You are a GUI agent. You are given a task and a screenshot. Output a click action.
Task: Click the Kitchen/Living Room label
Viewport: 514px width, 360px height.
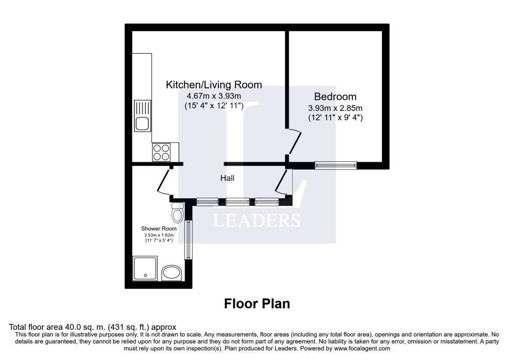[x=214, y=84]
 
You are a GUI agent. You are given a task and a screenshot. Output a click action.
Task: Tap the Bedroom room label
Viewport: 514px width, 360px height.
[x=335, y=96]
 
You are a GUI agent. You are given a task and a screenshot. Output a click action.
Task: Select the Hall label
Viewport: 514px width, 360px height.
[x=227, y=178]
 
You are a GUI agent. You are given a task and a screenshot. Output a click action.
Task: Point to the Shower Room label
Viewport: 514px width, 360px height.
[x=159, y=229]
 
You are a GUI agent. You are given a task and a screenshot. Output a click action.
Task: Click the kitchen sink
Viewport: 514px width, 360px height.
[x=142, y=116]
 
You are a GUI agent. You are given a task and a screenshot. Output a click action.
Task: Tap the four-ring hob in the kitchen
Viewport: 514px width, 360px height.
[x=161, y=152]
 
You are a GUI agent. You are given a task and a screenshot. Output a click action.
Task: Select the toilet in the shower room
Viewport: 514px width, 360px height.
[x=177, y=214]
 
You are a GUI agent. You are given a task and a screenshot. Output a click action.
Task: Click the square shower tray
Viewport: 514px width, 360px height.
[x=146, y=268]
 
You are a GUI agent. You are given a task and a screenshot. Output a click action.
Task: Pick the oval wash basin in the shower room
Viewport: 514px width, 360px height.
[x=172, y=273]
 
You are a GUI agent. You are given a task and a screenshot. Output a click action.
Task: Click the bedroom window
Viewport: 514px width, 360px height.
[x=335, y=164]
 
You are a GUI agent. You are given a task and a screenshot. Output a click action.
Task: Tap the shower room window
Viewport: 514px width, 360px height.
[x=188, y=240]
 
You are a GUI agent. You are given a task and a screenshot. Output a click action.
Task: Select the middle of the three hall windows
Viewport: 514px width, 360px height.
[x=237, y=202]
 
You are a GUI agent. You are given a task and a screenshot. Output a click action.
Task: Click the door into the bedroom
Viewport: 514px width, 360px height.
[x=294, y=143]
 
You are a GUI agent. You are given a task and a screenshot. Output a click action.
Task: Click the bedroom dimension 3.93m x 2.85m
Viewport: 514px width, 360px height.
[x=335, y=107]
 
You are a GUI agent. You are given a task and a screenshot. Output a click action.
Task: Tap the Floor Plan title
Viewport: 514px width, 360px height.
[x=256, y=304]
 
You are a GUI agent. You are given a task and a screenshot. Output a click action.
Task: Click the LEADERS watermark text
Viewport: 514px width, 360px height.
[x=257, y=220]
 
